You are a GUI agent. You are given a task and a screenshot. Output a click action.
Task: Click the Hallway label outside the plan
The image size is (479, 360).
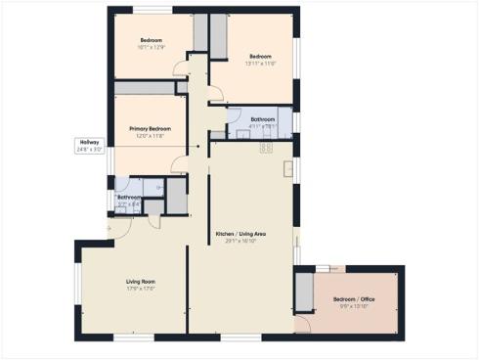coord(91,142)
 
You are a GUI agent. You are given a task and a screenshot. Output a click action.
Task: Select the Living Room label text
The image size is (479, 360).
coord(142,282)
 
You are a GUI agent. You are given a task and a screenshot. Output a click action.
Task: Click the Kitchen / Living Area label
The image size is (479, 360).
coord(240,235)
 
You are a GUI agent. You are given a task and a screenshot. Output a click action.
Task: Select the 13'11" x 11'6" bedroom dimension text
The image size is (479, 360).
coord(258,63)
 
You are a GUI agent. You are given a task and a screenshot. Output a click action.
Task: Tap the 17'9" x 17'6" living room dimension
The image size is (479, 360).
coord(142,289)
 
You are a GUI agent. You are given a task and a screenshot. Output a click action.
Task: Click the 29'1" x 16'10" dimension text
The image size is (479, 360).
coord(240,242)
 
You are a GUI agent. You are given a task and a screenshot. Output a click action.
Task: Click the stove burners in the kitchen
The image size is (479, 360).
coord(264,149)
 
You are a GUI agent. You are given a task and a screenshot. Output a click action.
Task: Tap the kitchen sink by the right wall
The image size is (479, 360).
coord(288,169)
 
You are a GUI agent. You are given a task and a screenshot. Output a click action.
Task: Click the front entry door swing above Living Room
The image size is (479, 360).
coord(119,228)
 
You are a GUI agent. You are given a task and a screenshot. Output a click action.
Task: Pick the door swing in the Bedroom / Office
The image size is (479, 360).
coord(302,324)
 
